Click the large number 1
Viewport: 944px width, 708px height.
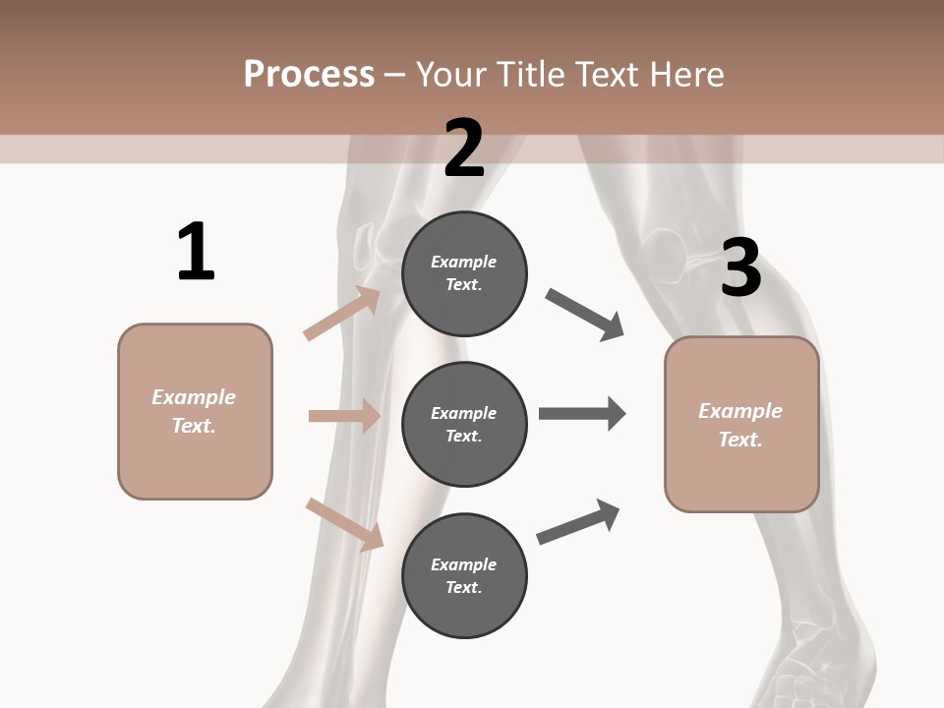[196, 252]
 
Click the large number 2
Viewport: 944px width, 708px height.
[464, 147]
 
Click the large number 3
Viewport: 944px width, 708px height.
[741, 267]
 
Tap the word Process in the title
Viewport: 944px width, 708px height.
[309, 74]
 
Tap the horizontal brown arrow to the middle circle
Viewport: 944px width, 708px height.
[344, 416]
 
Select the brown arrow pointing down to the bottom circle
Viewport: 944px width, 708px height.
[344, 524]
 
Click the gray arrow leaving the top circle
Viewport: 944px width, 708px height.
[585, 315]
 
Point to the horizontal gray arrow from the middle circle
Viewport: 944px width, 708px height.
[581, 414]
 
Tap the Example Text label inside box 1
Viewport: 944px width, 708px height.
[194, 411]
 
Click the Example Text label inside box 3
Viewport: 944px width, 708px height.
[740, 425]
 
